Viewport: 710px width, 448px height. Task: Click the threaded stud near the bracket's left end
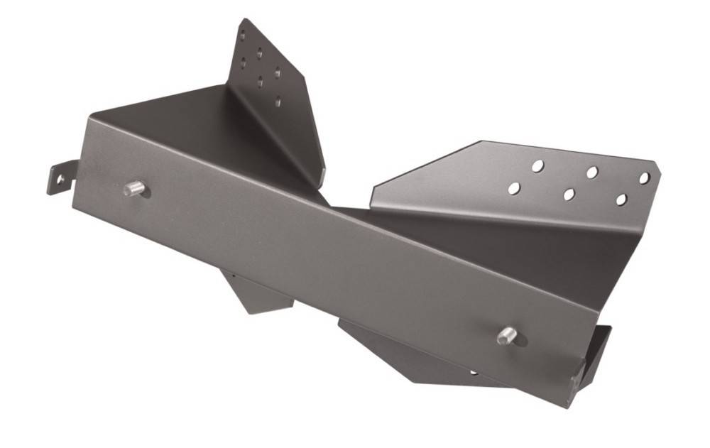(133, 188)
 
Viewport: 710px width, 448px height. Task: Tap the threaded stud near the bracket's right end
(507, 334)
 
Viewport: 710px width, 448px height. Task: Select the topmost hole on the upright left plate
(242, 35)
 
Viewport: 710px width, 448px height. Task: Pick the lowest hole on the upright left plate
(278, 102)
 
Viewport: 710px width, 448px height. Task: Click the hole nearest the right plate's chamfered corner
(644, 178)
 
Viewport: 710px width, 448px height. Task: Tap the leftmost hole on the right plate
(513, 189)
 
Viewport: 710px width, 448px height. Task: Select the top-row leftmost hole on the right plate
(538, 165)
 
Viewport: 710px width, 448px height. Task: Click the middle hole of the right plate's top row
(591, 172)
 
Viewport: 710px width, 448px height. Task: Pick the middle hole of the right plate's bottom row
(568, 195)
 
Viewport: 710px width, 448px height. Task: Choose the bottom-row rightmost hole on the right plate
(621, 200)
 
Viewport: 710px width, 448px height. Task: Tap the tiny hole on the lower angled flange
(474, 371)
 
